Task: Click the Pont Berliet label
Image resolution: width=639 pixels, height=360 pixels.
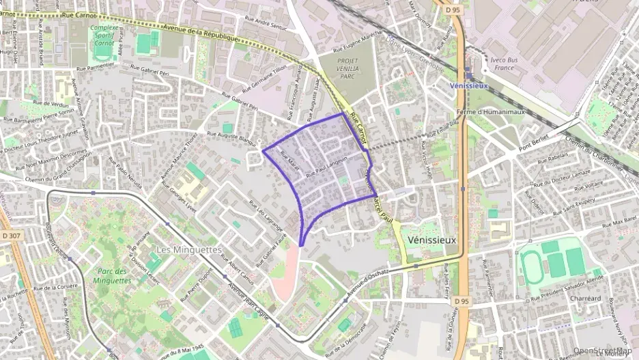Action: point(535,141)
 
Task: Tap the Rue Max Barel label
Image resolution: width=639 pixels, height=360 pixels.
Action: point(619,223)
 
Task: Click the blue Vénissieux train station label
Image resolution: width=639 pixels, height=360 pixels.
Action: point(470,85)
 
